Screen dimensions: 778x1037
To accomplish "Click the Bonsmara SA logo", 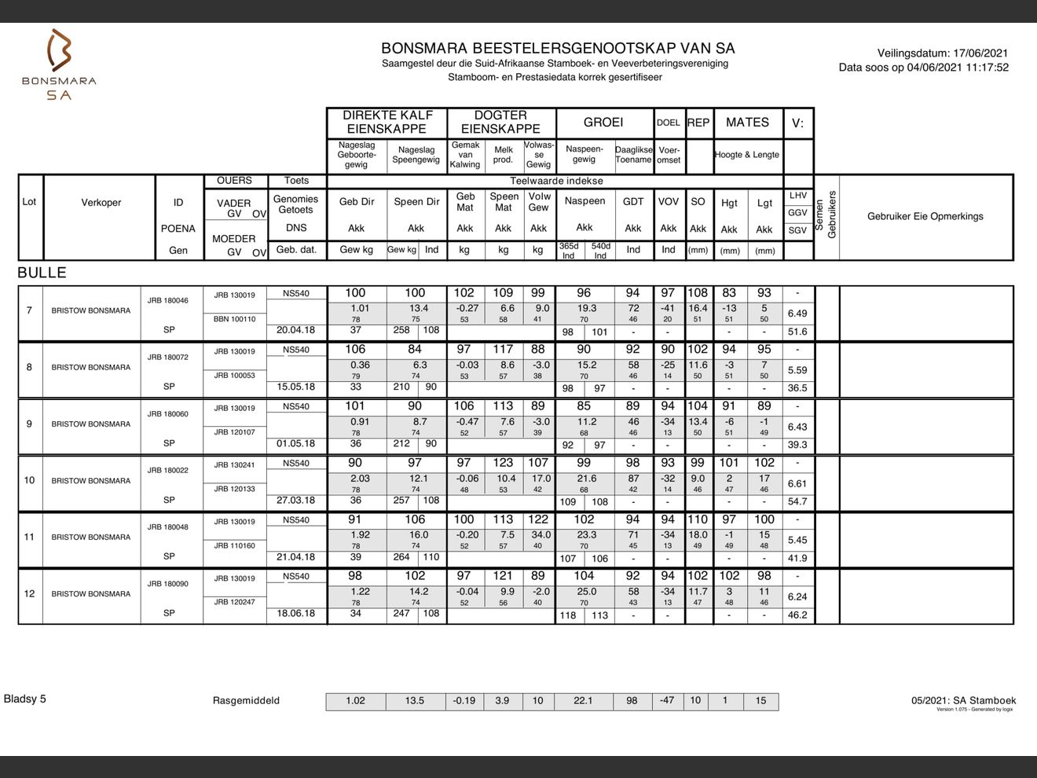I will [59, 64].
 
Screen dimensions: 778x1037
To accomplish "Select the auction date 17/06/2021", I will [980, 53].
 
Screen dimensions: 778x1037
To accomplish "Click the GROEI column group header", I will [603, 123].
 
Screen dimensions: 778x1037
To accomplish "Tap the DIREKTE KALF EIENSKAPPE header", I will [387, 123].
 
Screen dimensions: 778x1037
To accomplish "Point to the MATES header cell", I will [747, 123].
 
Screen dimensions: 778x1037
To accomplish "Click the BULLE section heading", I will [42, 273].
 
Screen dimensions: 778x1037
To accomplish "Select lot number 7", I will [30, 310].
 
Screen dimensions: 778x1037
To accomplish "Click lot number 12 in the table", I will [30, 594].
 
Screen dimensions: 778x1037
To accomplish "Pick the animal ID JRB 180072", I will [167, 358].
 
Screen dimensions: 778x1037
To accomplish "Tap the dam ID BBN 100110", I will [234, 319].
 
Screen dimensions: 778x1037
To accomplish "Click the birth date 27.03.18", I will [295, 501].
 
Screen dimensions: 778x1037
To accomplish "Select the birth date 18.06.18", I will [295, 614].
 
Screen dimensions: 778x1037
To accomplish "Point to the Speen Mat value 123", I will [503, 463].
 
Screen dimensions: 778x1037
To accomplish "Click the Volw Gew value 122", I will [538, 519].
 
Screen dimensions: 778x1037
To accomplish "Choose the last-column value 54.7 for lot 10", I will [797, 501].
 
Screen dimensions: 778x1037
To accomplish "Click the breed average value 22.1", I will [583, 701].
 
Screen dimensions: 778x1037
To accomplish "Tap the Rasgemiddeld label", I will [246, 701].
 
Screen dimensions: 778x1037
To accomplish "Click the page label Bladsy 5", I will [25, 699].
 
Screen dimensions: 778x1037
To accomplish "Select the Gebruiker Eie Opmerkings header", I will [925, 216].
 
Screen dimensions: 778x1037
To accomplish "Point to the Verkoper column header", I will [101, 203].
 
